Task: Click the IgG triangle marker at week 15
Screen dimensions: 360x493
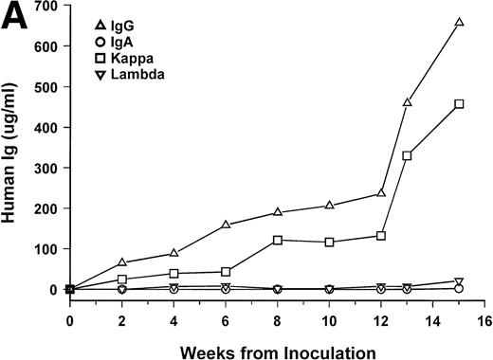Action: pyautogui.click(x=459, y=22)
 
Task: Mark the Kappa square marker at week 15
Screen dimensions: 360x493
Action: pyautogui.click(x=459, y=103)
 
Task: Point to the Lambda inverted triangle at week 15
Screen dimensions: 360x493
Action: pyautogui.click(x=459, y=282)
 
